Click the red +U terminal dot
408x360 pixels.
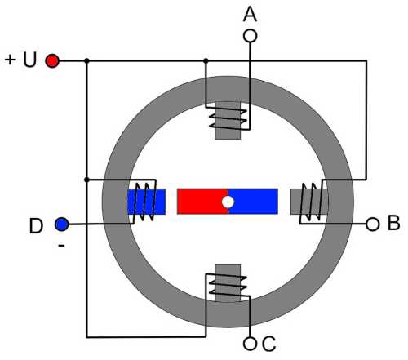click(x=52, y=60)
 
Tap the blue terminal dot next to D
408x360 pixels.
click(x=62, y=224)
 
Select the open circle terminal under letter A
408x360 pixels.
click(x=250, y=36)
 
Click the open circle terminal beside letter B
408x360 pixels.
click(x=372, y=224)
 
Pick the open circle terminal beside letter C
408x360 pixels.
click(x=250, y=344)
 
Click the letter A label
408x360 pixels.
click(x=250, y=14)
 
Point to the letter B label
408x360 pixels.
click(x=393, y=223)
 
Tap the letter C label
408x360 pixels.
click(x=269, y=344)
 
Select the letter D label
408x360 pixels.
click(x=36, y=226)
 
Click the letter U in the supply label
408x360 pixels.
click(x=29, y=60)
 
